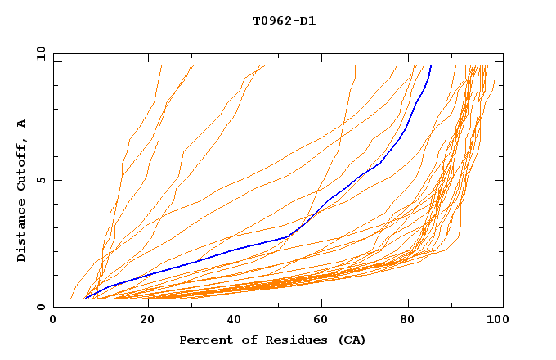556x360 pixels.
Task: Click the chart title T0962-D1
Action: [284, 20]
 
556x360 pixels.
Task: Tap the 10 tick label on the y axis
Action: [38, 53]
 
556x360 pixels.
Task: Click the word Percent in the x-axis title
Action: [202, 340]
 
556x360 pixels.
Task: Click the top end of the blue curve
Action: [431, 66]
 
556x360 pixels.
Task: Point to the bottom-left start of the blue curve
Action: [85, 298]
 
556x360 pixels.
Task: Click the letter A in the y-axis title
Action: [22, 124]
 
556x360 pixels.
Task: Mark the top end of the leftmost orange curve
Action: [162, 66]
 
